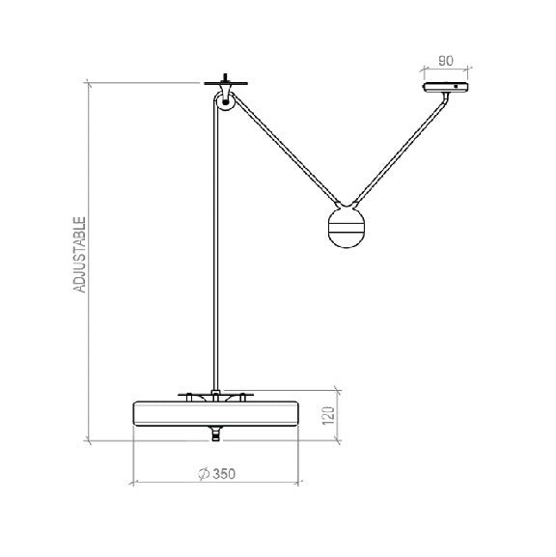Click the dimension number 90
coord(446,60)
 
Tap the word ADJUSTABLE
coord(81,255)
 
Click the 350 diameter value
coord(221,473)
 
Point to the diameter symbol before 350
coord(201,473)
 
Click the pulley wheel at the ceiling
coord(225,99)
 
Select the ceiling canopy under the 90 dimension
coord(446,89)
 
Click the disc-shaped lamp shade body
coord(213,413)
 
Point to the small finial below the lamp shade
coord(213,434)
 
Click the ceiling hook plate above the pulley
coord(225,81)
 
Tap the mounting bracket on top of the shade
coord(213,395)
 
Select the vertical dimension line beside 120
coord(338,416)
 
